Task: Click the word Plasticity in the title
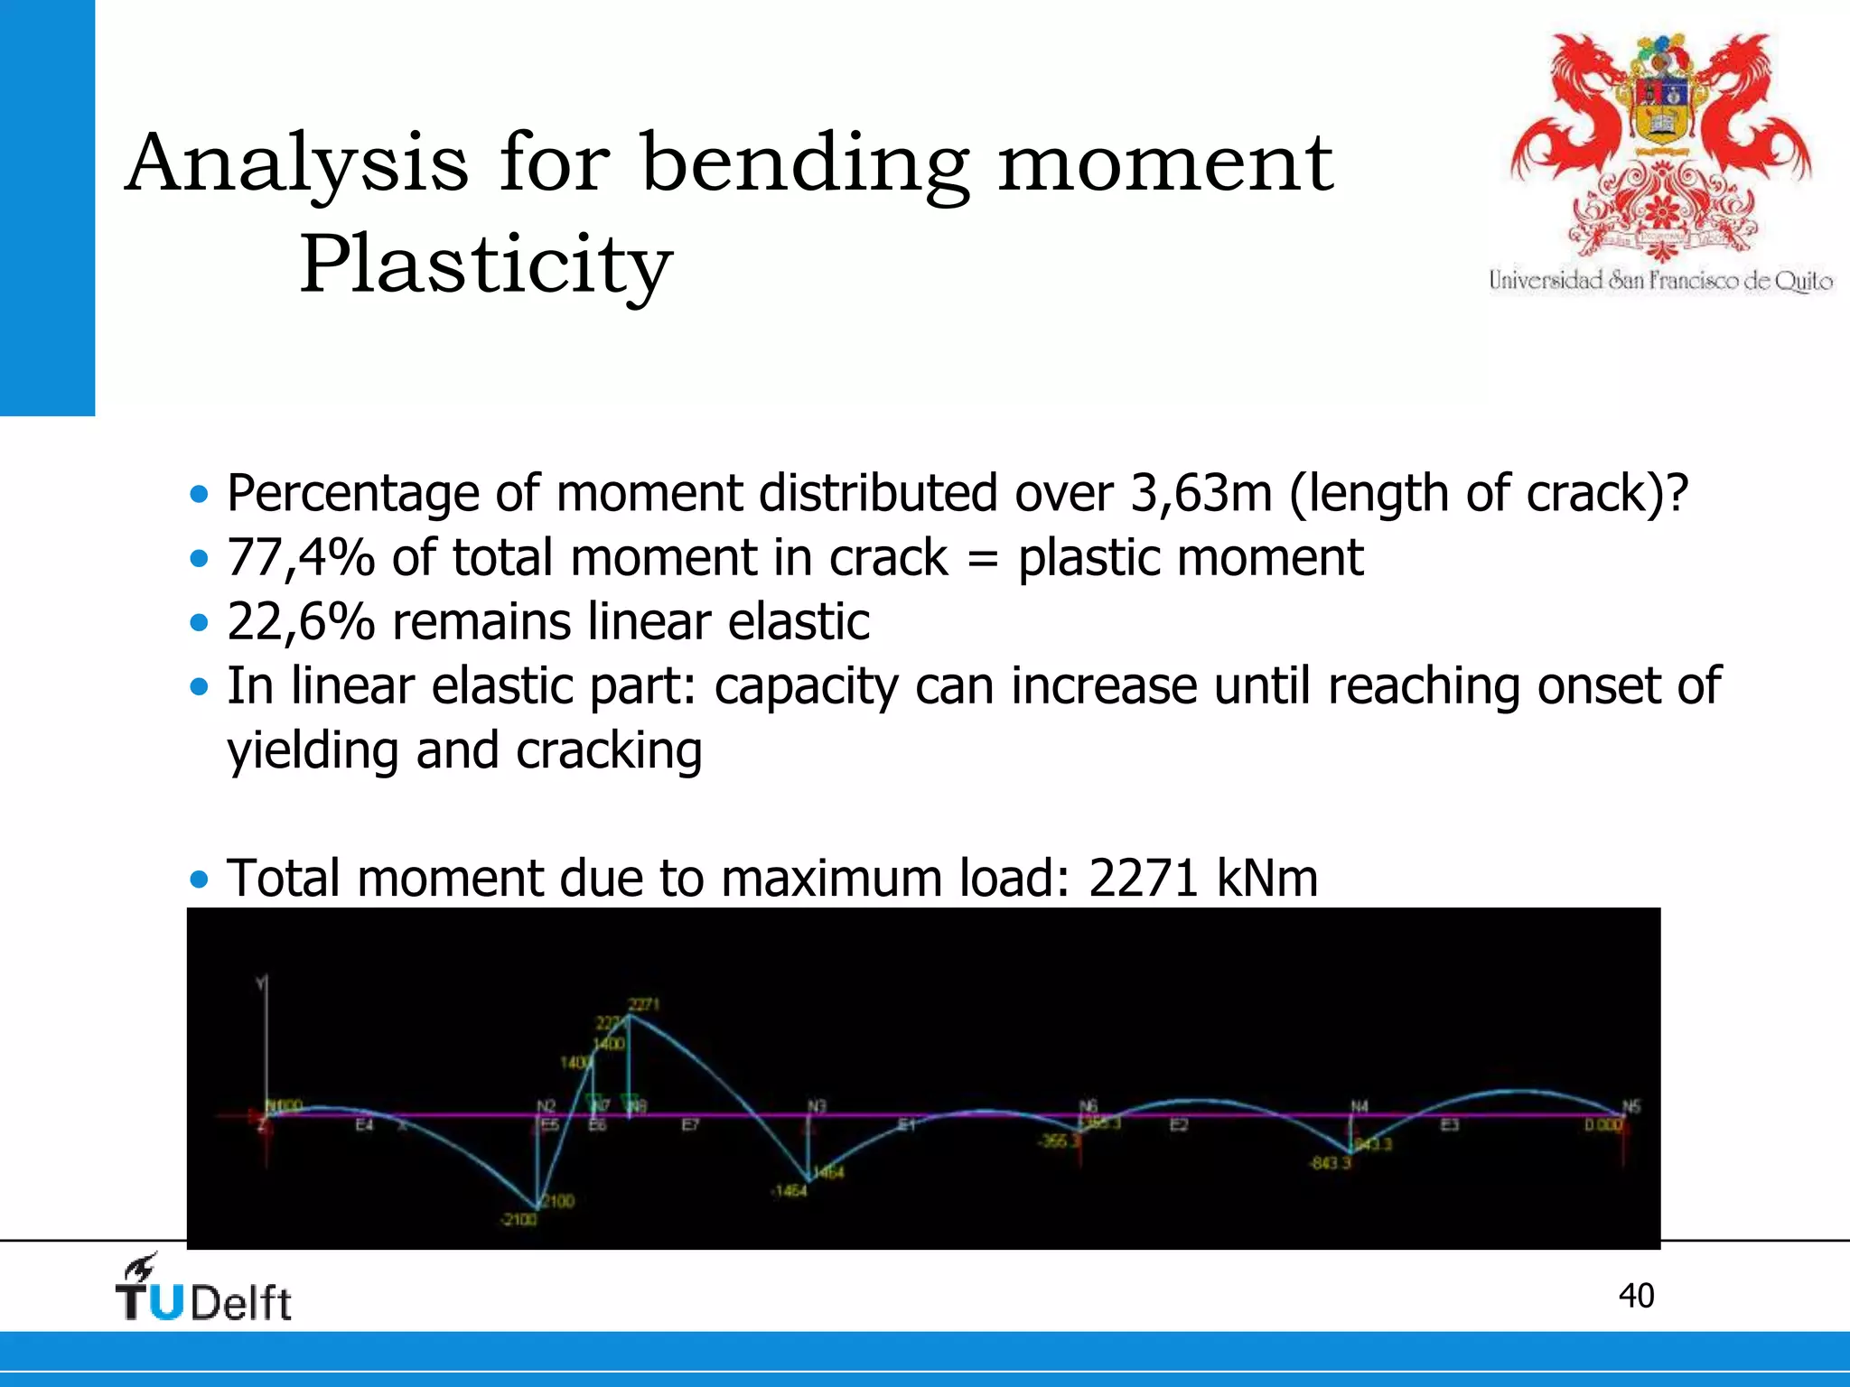pos(485,264)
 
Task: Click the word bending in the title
pos(805,163)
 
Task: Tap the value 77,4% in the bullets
pos(300,557)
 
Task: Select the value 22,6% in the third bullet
pos(300,621)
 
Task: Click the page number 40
pos(1636,1296)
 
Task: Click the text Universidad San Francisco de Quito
pos(1660,281)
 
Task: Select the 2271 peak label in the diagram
pos(644,1004)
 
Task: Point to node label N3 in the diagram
pos(817,1106)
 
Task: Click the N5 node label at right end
pos(1630,1106)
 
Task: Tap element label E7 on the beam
pos(690,1125)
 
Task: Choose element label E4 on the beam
pos(364,1125)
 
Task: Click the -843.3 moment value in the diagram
pos(1331,1163)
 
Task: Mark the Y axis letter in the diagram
pos(262,982)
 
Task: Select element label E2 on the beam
pos(1179,1125)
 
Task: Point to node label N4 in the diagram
pos(1359,1106)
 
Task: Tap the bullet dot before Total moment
pos(199,879)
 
